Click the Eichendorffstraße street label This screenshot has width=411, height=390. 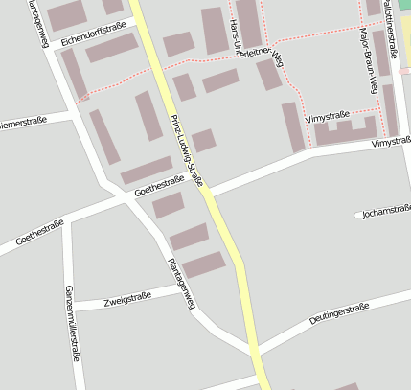[92, 34]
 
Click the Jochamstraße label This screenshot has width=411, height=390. [387, 212]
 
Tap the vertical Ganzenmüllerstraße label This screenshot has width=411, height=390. [70, 323]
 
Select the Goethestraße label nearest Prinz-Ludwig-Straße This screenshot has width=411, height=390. [160, 186]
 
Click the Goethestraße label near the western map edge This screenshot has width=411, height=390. [40, 231]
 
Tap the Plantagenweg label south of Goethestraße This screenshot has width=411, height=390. [181, 282]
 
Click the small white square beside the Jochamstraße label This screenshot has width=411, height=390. [358, 214]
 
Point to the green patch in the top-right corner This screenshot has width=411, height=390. [405, 5]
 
